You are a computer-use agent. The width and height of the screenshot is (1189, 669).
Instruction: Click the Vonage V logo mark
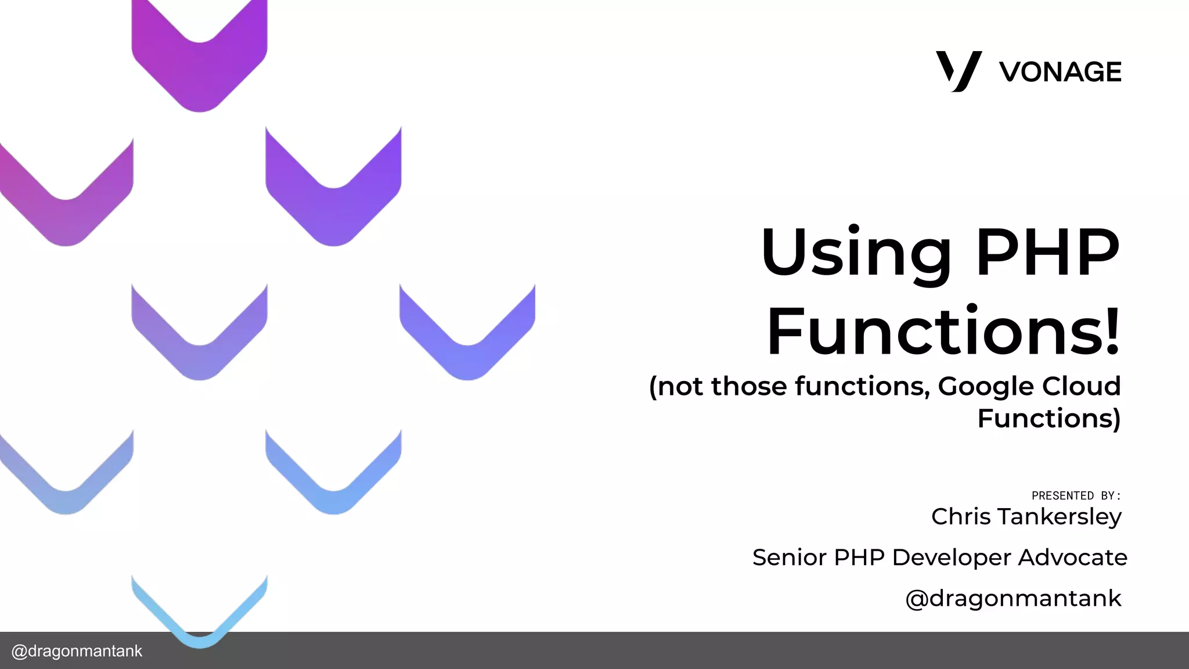click(958, 71)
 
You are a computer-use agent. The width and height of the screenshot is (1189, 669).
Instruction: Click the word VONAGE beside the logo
click(1060, 72)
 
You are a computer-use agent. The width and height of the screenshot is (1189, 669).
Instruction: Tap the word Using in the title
click(856, 253)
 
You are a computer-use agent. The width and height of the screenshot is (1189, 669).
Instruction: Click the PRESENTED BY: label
click(1075, 495)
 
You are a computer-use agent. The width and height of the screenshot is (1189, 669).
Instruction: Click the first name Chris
click(961, 516)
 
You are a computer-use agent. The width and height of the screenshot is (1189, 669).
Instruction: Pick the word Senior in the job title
click(789, 557)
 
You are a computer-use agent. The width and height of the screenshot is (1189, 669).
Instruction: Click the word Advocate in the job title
click(1072, 557)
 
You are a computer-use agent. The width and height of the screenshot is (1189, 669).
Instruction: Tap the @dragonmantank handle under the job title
click(1013, 598)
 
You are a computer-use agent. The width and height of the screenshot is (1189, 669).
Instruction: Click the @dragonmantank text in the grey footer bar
click(77, 651)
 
